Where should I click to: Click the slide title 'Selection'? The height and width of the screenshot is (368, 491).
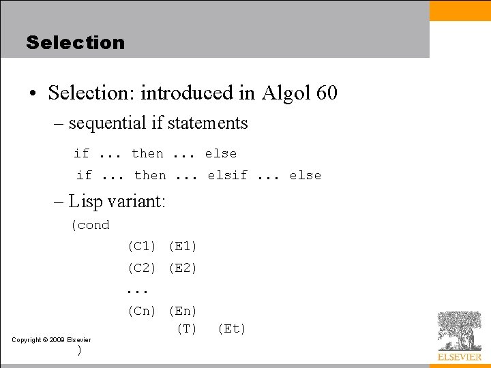(76, 42)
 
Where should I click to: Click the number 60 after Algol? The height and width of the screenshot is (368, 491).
(327, 93)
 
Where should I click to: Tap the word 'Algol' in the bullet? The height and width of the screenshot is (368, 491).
(286, 93)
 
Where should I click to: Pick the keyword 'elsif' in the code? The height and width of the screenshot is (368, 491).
(228, 176)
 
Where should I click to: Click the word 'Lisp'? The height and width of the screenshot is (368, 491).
(85, 201)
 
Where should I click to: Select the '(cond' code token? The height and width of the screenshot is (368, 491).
(90, 225)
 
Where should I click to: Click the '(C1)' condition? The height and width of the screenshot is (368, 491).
(142, 246)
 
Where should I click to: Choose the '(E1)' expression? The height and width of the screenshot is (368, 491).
(182, 246)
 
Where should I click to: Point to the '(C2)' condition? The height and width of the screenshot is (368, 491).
(142, 268)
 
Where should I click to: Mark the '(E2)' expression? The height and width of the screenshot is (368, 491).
(182, 268)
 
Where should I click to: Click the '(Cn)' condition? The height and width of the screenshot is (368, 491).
(142, 311)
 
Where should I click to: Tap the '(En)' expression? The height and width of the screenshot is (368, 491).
(182, 311)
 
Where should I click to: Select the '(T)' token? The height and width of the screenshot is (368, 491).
(186, 329)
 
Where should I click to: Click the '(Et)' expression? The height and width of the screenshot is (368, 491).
(232, 329)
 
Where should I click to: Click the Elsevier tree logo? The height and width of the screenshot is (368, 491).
(459, 331)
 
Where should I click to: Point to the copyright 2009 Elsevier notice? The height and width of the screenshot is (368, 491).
(52, 339)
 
